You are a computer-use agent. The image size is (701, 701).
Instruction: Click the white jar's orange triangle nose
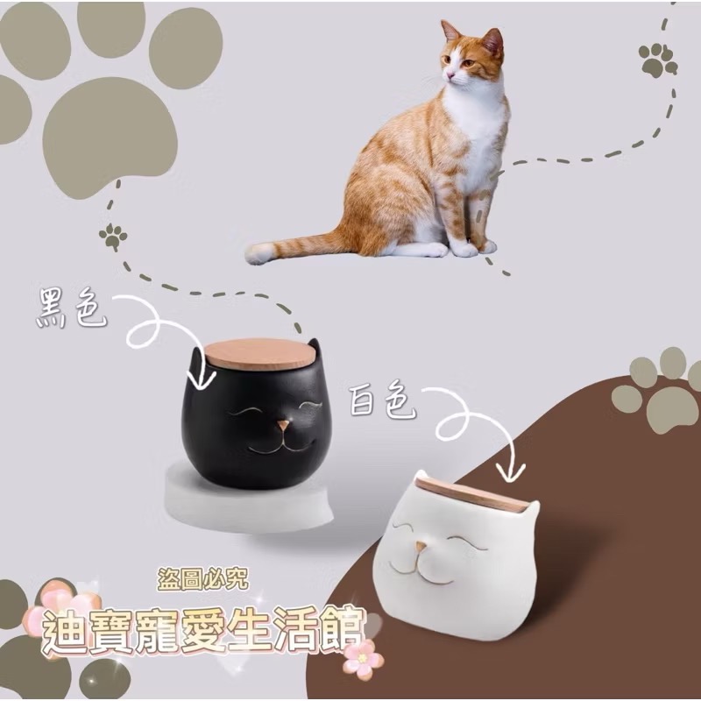pos(422,548)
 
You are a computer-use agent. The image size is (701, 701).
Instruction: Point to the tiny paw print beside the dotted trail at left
pos(113,235)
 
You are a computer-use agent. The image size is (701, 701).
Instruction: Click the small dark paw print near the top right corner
pos(657,60)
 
